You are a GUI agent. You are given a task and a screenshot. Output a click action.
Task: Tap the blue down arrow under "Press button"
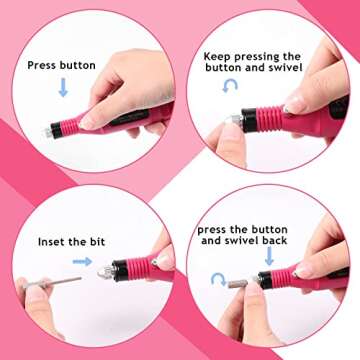(62, 88)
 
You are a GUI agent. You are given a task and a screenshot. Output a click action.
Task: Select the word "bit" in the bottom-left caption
(109, 242)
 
